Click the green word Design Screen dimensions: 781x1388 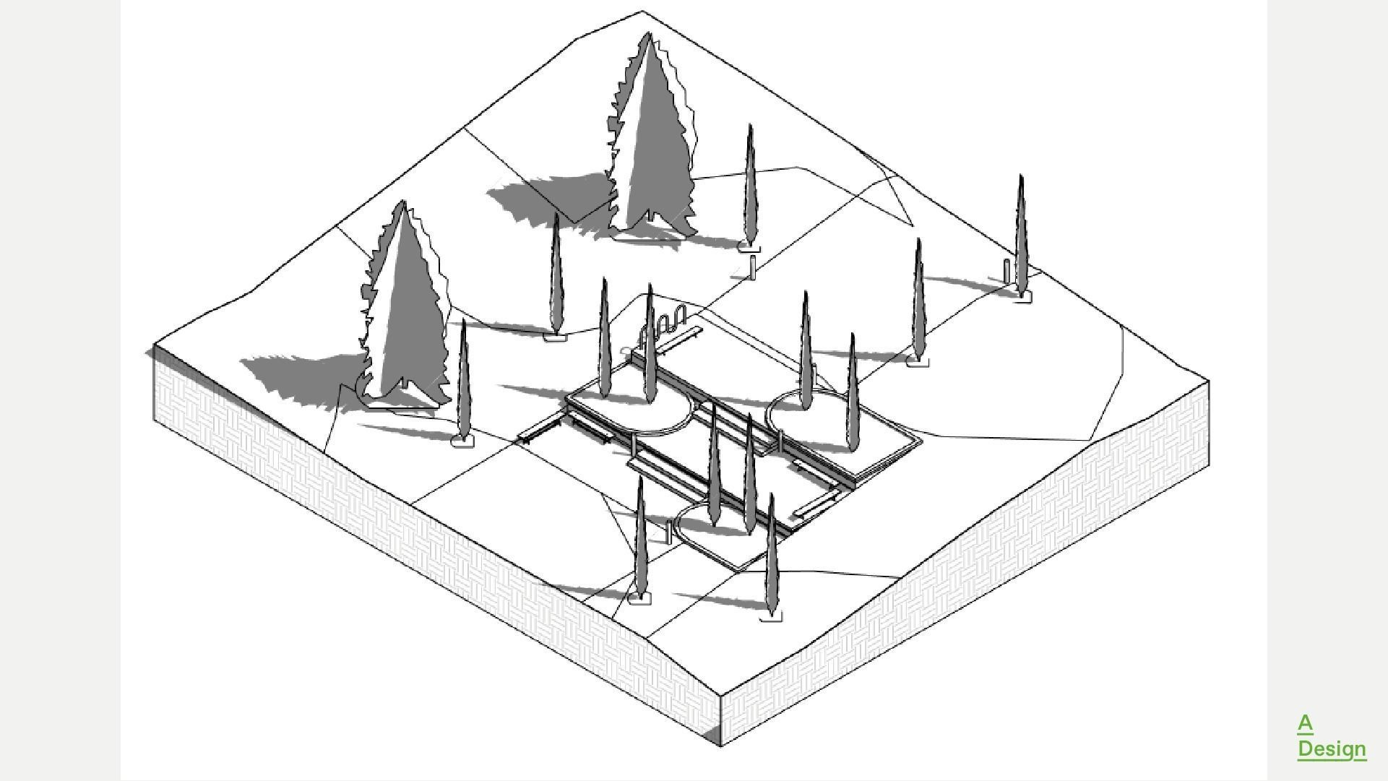tap(1331, 749)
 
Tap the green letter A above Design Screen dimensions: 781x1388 tap(1305, 723)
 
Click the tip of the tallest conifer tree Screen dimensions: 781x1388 tap(649, 34)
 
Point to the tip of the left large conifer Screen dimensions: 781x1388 tap(403, 203)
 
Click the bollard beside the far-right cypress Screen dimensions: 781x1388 tap(1006, 271)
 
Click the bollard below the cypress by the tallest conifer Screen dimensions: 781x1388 tap(752, 267)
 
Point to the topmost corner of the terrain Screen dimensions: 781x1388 tap(642, 11)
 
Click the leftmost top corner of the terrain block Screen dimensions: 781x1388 tap(154, 348)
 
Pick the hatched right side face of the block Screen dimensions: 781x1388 tap(975, 578)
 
